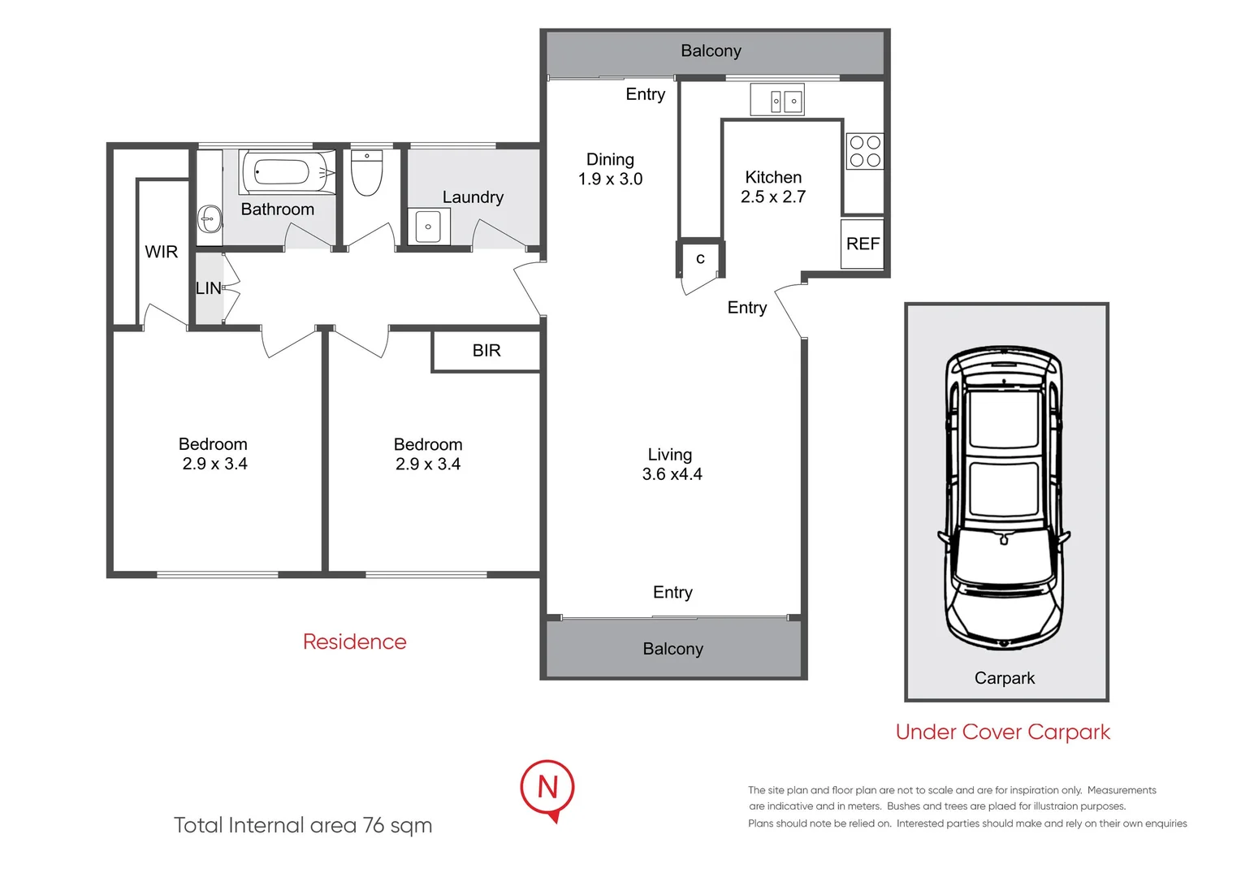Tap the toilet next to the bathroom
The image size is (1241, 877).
point(366,174)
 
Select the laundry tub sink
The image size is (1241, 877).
point(428,227)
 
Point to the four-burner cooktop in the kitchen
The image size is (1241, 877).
point(864,151)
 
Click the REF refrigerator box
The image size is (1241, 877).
point(863,244)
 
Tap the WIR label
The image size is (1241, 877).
point(161,252)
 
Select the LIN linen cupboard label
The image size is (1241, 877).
point(208,288)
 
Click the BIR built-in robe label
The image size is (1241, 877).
point(486,351)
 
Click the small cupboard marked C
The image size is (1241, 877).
point(700,259)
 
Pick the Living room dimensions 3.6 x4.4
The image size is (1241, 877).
point(672,474)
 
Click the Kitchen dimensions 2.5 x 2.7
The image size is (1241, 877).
point(772,197)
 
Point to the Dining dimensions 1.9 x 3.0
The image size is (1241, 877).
point(610,179)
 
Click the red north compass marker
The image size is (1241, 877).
point(547,788)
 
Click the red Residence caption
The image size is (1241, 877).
point(354,642)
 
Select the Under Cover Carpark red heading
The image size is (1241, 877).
point(1002,732)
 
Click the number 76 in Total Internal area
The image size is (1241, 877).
point(374,825)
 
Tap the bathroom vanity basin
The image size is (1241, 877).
point(210,218)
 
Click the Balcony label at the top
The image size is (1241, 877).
point(711,51)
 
